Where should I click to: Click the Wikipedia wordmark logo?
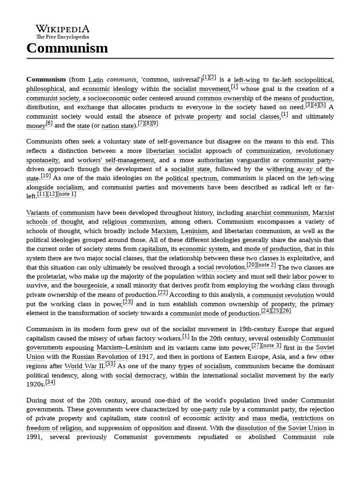(63, 29)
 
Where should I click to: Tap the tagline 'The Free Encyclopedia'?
(63, 37)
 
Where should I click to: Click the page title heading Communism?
(67, 48)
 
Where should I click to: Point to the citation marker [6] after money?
(49, 124)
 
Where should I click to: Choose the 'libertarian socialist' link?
(173, 151)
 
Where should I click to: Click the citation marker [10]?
(45, 176)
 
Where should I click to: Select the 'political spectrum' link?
(191, 178)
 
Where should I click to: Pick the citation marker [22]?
(163, 292)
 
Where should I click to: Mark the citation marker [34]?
(50, 382)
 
